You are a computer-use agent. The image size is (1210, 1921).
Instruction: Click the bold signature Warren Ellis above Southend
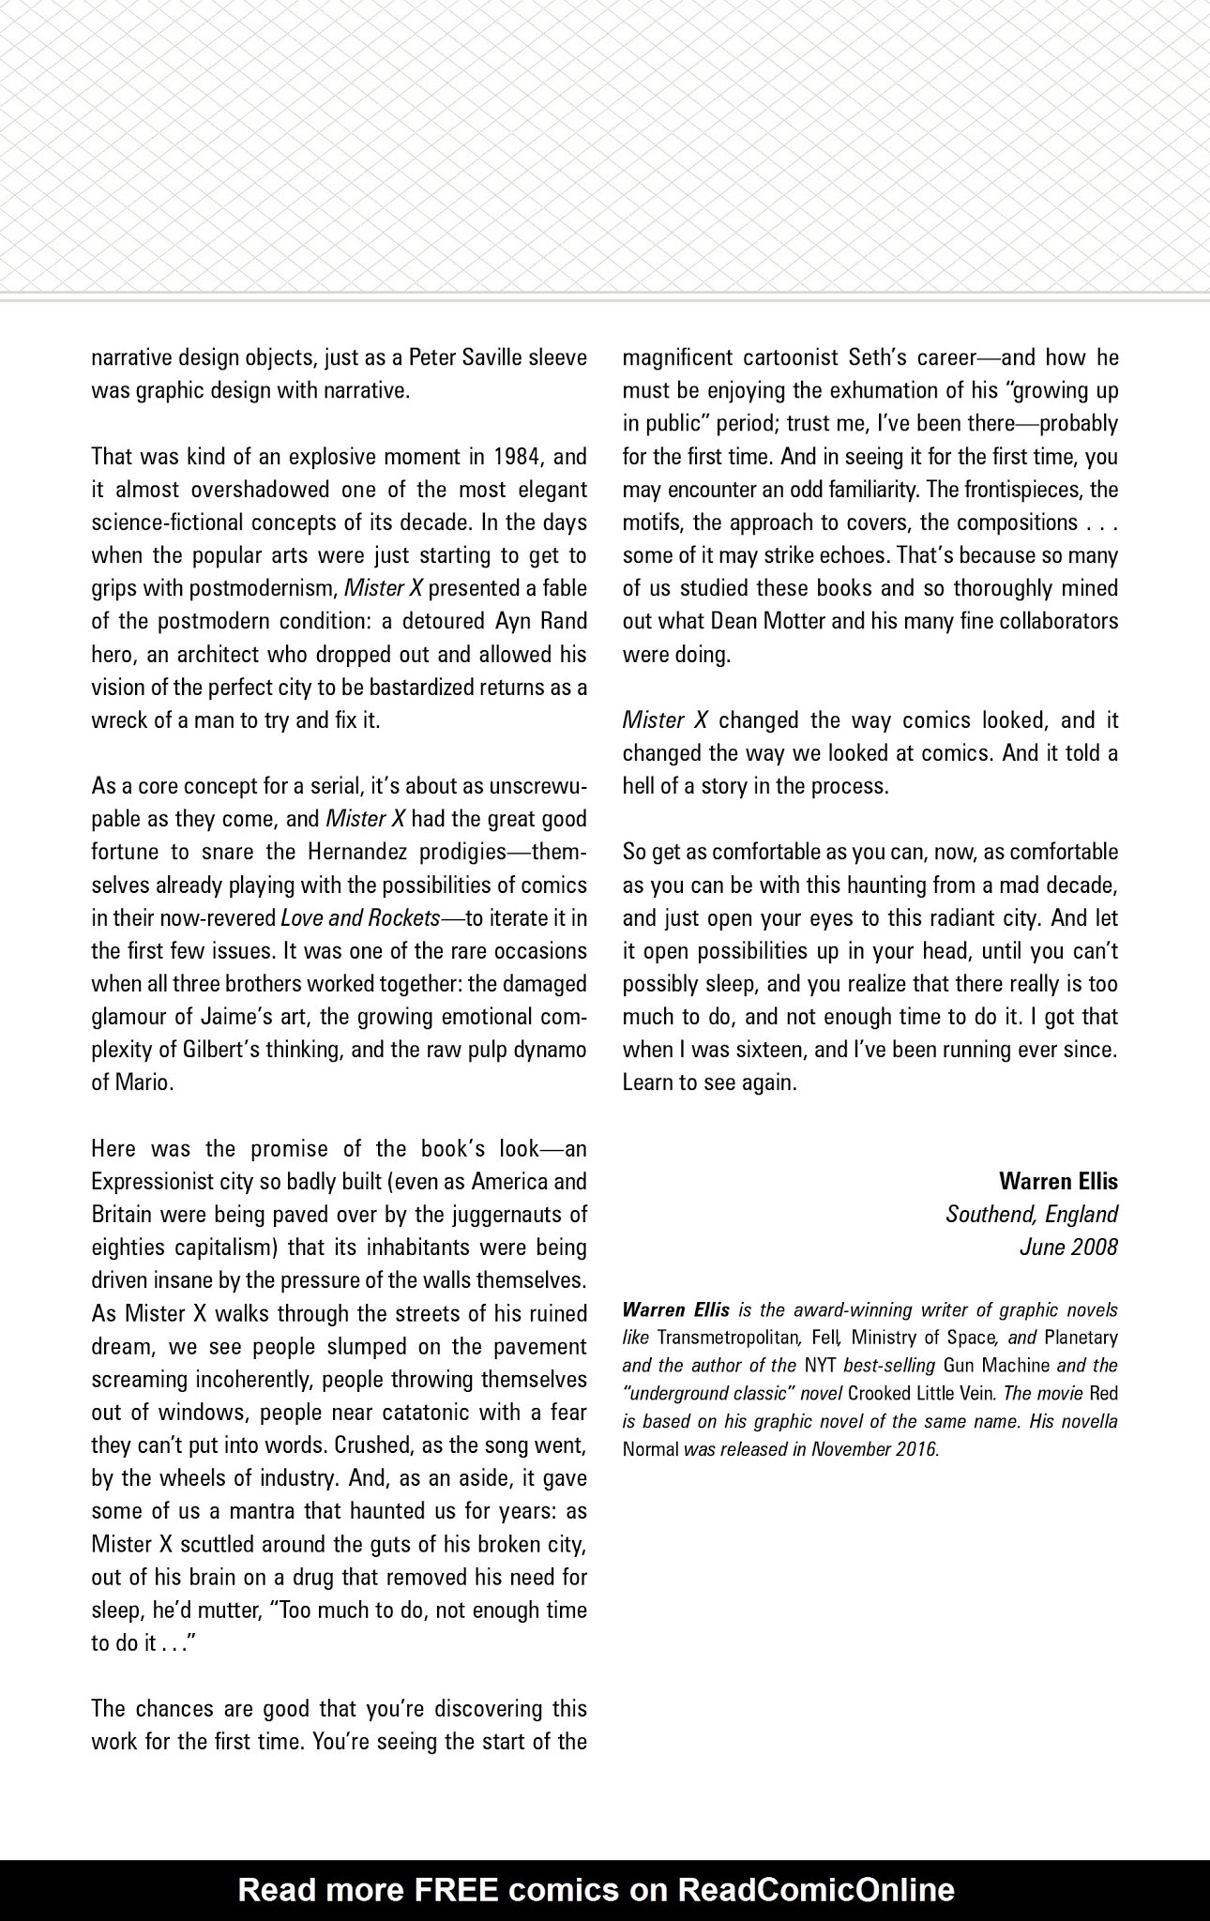tap(1058, 1181)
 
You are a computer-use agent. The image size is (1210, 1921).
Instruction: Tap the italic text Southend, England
tap(1031, 1214)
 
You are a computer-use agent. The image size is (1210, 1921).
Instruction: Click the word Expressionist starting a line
tap(154, 1181)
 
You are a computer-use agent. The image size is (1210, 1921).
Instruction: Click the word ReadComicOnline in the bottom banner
tap(815, 1889)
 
